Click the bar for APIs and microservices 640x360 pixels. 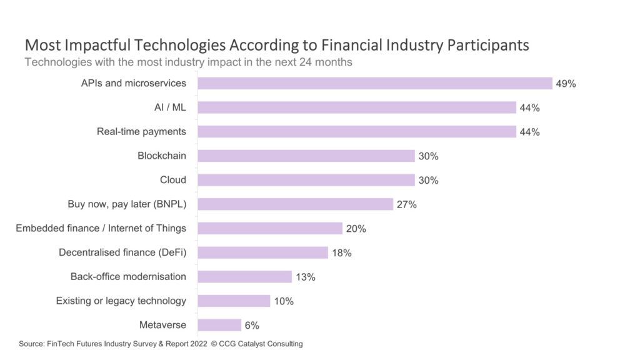click(375, 83)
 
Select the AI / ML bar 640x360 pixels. click(357, 107)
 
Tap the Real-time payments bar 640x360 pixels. click(357, 132)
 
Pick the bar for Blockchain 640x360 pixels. click(306, 156)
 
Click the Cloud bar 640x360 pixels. click(306, 180)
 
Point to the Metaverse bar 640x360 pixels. click(219, 325)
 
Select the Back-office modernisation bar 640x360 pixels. click(245, 277)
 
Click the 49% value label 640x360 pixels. click(566, 84)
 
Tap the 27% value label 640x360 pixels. click(406, 204)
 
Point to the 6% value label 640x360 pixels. click(252, 326)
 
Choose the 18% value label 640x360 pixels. click(341, 253)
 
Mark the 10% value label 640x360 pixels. click(283, 301)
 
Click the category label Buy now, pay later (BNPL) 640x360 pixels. click(127, 204)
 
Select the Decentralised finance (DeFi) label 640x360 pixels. click(122, 252)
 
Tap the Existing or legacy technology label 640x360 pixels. click(121, 301)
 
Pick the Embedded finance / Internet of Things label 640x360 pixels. click(101, 228)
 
